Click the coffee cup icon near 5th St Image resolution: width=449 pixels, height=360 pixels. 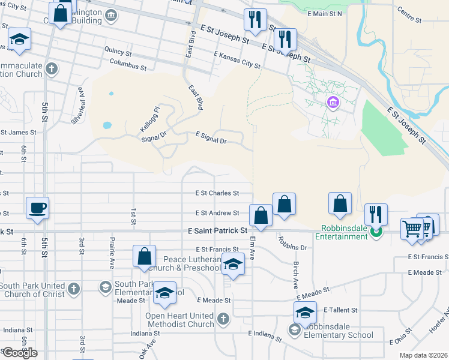click(37, 208)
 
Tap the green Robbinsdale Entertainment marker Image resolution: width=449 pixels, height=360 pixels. click(377, 232)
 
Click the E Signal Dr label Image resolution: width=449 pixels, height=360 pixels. click(210, 141)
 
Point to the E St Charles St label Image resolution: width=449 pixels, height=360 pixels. click(217, 193)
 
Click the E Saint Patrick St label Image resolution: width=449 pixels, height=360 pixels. click(217, 230)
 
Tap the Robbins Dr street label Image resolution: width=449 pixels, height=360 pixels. click(292, 243)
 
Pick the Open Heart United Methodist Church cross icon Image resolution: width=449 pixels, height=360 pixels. click(223, 318)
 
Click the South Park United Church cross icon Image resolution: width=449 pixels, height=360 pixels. click(73, 289)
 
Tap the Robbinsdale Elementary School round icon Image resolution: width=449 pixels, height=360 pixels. click(295, 329)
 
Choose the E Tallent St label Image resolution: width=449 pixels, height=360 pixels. click(340, 310)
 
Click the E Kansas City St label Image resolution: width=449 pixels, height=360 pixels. click(237, 60)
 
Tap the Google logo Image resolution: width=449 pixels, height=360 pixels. click(20, 353)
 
